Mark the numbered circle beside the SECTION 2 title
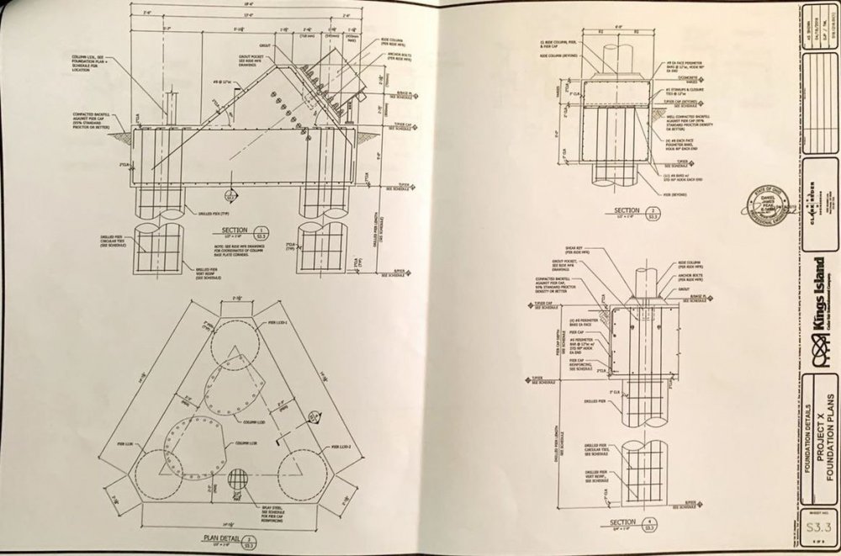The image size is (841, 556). pos(653,210)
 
